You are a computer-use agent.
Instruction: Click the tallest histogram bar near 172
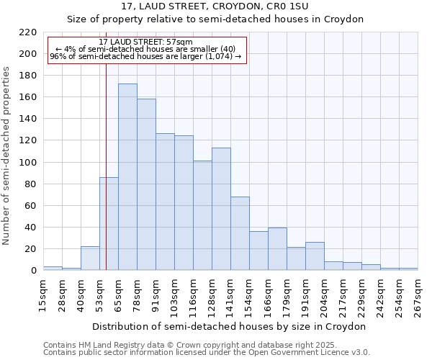pos(127,177)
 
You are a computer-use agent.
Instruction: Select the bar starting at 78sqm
pos(146,184)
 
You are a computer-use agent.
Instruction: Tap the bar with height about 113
pos(221,209)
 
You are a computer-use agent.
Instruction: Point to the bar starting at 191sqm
pos(315,256)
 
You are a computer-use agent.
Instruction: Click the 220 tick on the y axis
pos(28,32)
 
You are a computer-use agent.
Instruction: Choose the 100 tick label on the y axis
pos(28,163)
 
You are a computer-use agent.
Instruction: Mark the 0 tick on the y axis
pos(33,271)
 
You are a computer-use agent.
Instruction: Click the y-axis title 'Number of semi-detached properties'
pos(7,156)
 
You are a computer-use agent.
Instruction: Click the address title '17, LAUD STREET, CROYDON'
pos(215,6)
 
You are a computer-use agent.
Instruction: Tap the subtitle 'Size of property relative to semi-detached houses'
pos(215,19)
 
